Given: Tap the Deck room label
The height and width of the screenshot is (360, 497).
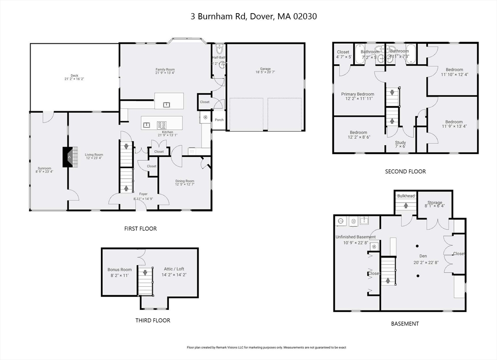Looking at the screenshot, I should click(74, 76).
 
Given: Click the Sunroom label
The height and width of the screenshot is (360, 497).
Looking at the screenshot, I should click(44, 168).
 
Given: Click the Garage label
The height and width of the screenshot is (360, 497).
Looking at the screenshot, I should click(265, 69).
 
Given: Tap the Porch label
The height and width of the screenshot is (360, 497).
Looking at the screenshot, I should click(219, 120).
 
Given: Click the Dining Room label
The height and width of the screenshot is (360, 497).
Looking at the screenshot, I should click(184, 181).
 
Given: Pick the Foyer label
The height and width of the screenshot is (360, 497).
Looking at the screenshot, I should click(143, 194).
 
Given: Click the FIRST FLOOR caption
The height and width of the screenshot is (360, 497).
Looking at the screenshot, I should click(141, 228).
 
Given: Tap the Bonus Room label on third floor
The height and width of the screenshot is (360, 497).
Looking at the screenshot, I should click(119, 270).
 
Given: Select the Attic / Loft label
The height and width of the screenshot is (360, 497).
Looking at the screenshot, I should click(174, 269).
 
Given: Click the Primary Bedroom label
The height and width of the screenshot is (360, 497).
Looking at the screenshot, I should click(358, 94).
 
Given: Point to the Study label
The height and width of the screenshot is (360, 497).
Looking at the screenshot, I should click(400, 142).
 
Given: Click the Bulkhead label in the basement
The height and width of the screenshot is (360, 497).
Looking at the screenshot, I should click(406, 196).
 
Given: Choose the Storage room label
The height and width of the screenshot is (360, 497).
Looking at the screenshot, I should click(434, 203).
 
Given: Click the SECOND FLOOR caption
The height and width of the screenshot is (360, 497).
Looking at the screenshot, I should click(405, 171).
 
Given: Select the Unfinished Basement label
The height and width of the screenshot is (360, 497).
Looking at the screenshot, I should click(355, 237).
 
